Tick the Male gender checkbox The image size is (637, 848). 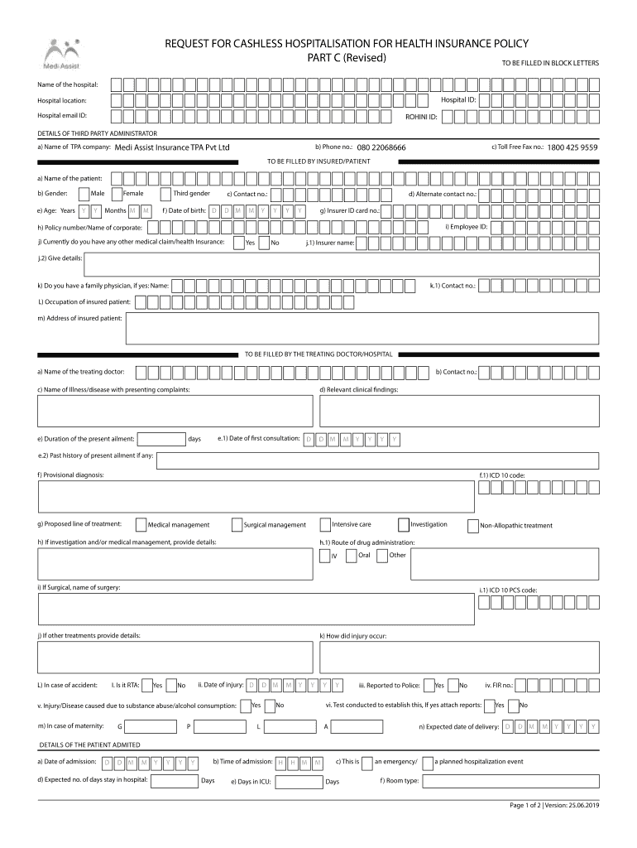pos(84,194)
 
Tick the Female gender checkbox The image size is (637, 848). pos(116,194)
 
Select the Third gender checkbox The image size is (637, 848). pos(166,194)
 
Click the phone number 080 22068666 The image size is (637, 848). pos(381,147)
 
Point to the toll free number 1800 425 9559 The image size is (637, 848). pos(572,147)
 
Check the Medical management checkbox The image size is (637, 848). pos(141,525)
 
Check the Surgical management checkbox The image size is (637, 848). pos(237,525)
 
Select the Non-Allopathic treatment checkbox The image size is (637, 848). pos(472,525)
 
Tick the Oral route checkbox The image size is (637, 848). pos(352,556)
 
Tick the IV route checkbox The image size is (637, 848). pos(324,556)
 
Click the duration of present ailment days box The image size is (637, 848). pos(160,439)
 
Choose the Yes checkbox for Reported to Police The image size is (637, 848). pos(429,686)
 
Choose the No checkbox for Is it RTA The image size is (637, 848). pos(171,686)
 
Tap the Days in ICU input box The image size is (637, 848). pos(298,781)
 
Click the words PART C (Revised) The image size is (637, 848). pos(342,58)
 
